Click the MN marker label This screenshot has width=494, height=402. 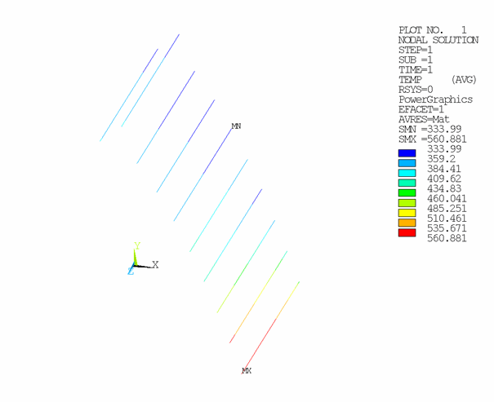(x=236, y=126)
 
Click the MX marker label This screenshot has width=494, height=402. (x=247, y=371)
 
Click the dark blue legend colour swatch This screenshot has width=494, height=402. (x=407, y=152)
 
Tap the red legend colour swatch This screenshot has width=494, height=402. (x=407, y=233)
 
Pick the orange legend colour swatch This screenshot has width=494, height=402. (x=407, y=223)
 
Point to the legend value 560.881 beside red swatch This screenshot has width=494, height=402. (x=447, y=239)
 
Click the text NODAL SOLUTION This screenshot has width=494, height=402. (x=434, y=39)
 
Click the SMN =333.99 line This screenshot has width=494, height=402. (x=429, y=130)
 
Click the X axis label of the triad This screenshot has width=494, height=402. (x=155, y=265)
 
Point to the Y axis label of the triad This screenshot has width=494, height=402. (x=137, y=245)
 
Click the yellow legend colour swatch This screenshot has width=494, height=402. (x=407, y=213)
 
